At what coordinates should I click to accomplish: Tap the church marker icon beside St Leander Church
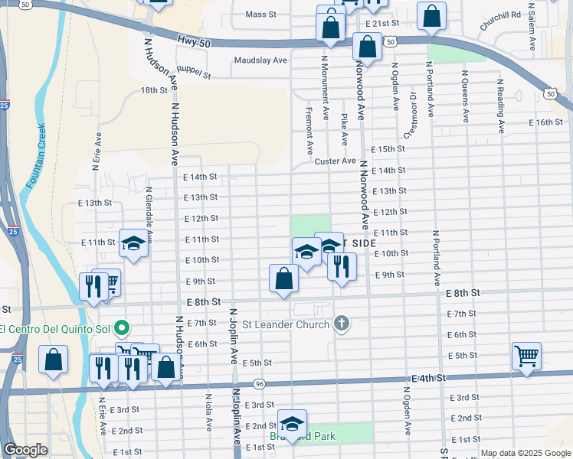pos(342,324)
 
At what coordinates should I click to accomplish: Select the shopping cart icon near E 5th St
pos(527,356)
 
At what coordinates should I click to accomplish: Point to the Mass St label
pos(260,15)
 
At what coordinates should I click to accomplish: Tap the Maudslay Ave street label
pos(260,60)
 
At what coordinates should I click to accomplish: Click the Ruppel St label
pos(193,73)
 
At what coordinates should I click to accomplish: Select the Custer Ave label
pos(335,161)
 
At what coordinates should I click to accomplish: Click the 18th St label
pos(153,90)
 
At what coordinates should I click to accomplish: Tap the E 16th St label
pos(547,122)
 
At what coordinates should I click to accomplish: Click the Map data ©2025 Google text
pos(526,453)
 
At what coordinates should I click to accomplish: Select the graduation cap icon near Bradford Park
pos(292,423)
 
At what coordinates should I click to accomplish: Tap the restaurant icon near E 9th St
pos(342,266)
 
